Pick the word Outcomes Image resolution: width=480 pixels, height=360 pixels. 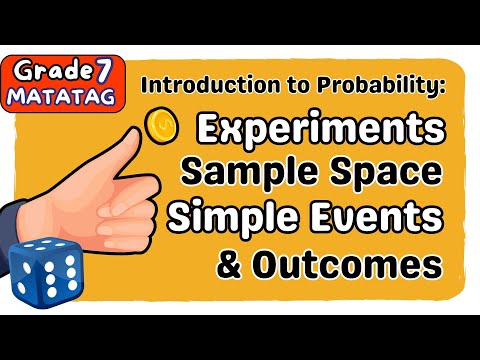click(x=355, y=265)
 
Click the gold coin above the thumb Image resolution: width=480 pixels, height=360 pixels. click(x=160, y=125)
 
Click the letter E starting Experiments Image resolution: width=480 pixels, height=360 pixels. click(x=209, y=131)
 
